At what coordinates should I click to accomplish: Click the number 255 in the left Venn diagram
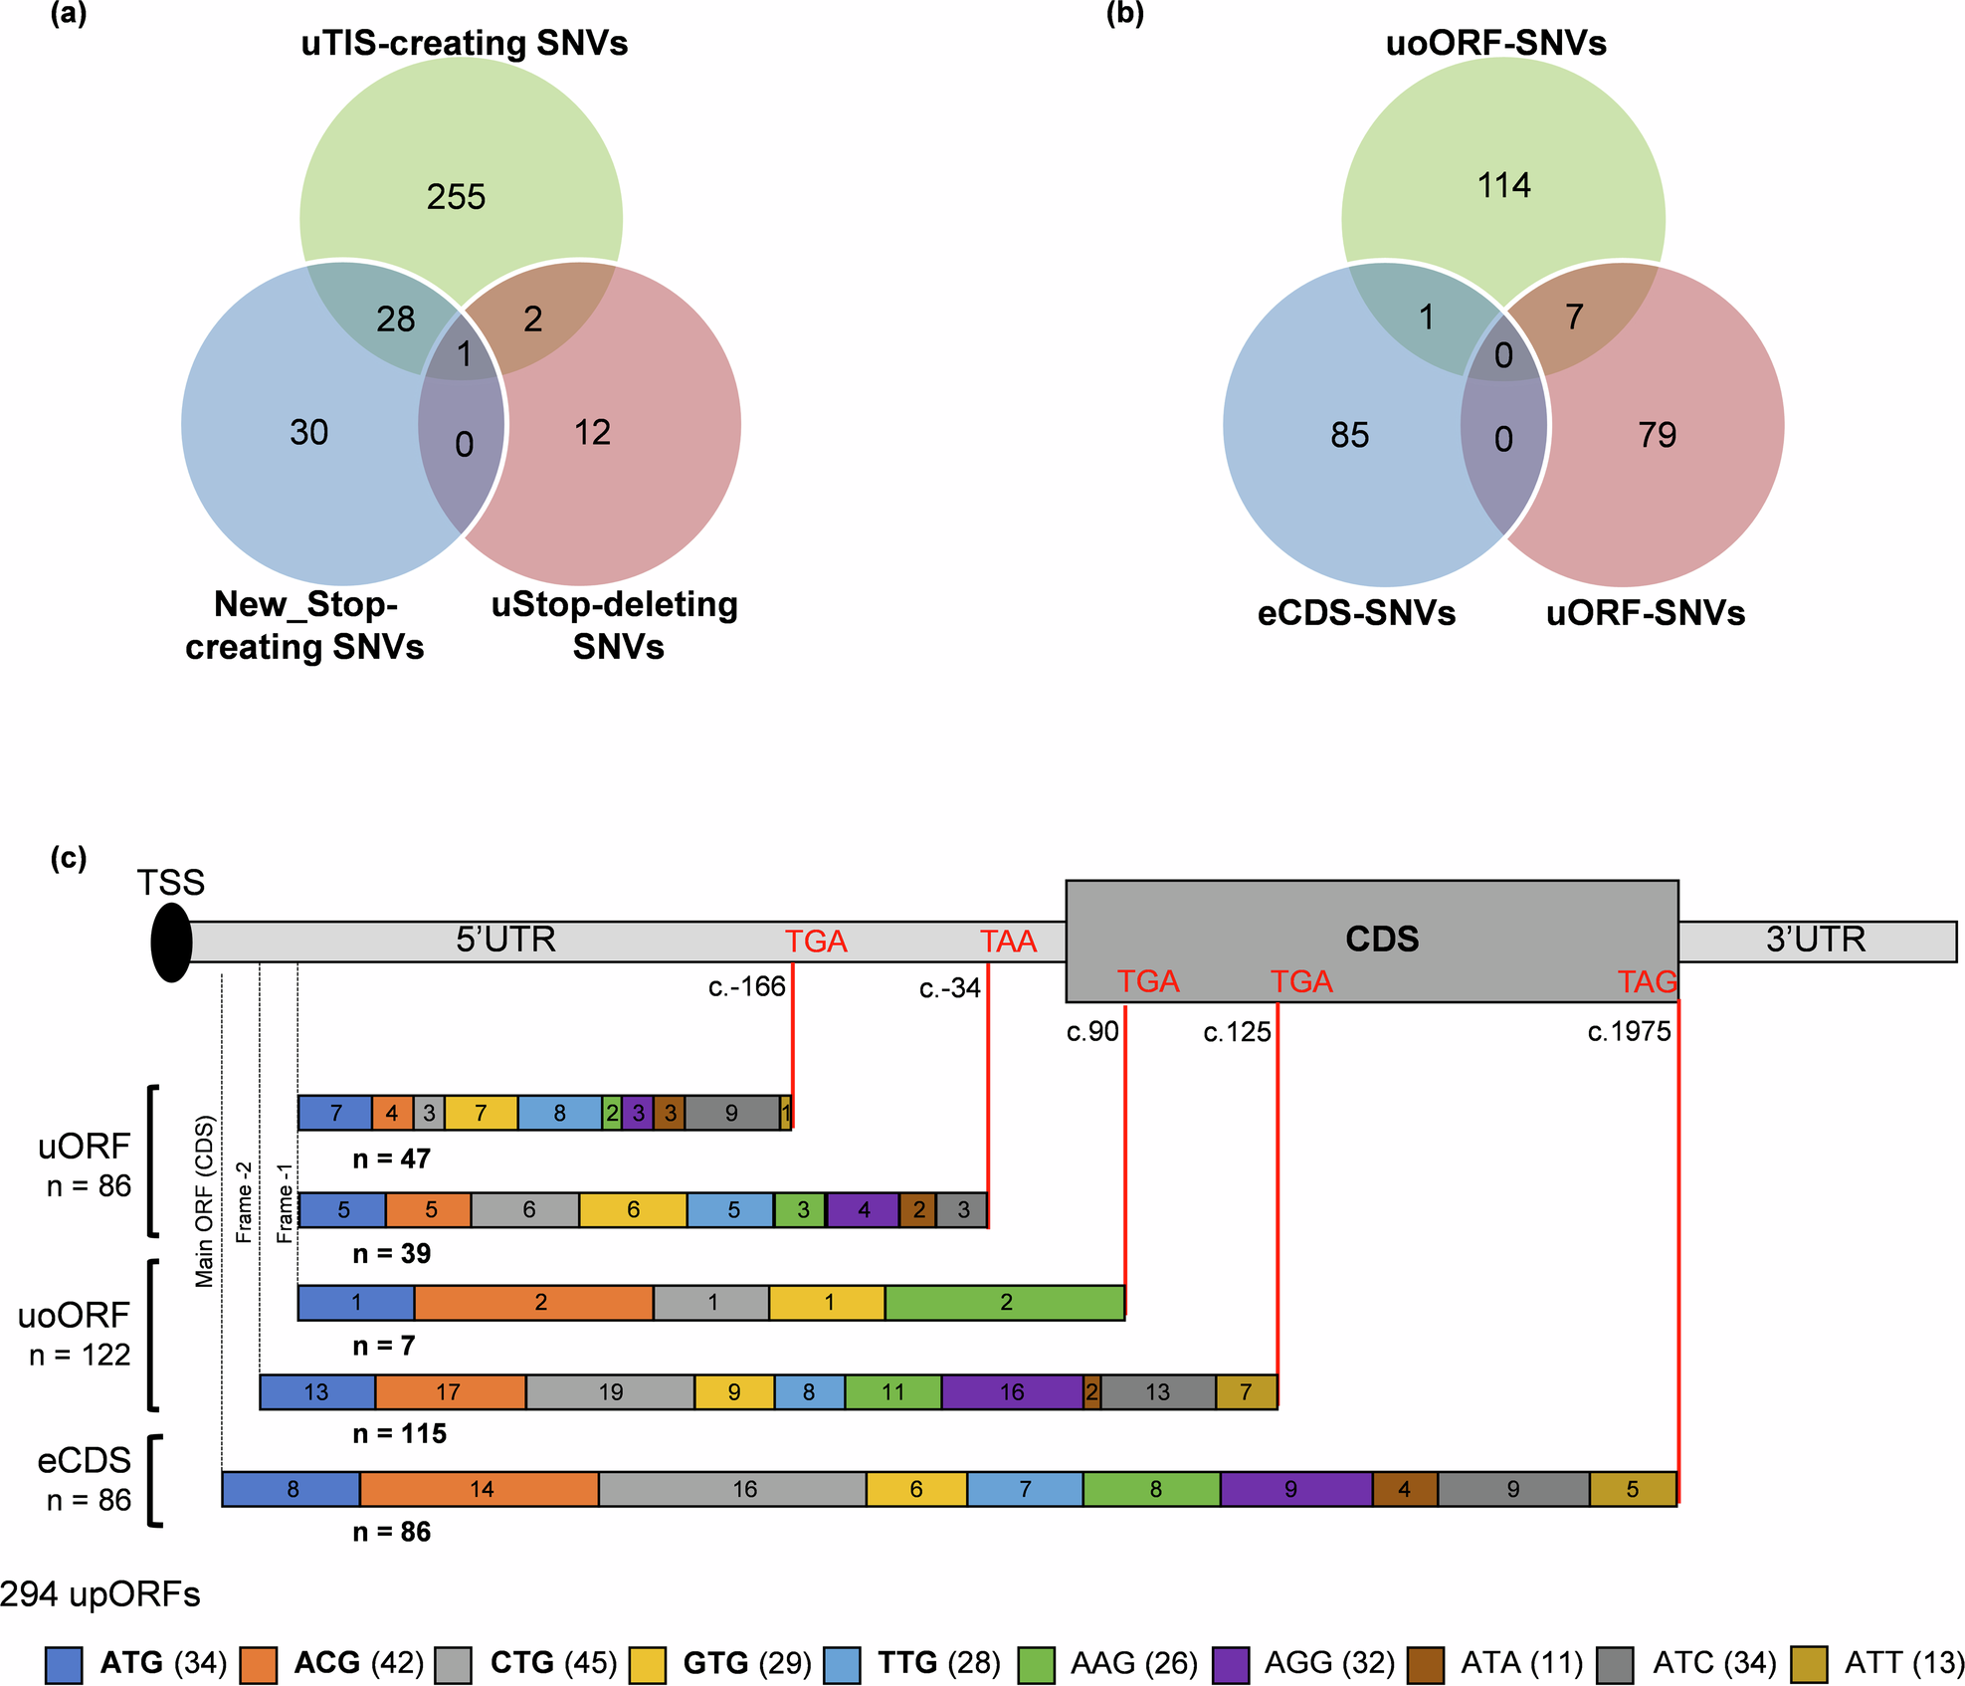[x=456, y=197]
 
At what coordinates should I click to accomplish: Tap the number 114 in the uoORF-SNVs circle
[x=1503, y=185]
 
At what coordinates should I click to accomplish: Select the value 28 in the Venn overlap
[x=395, y=319]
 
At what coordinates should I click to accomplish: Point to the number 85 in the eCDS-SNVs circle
[x=1349, y=435]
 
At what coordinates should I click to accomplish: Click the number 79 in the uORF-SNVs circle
[x=1657, y=435]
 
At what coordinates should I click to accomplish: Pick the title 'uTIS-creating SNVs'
[x=464, y=44]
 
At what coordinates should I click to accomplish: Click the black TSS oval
[x=171, y=943]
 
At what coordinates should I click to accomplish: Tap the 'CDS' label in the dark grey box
[x=1381, y=939]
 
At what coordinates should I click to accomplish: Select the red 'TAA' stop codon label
[x=1008, y=942]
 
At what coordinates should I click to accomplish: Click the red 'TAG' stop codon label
[x=1647, y=982]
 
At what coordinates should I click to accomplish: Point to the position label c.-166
[x=746, y=987]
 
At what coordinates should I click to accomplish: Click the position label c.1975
[x=1629, y=1031]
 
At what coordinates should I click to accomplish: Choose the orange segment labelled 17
[x=449, y=1391]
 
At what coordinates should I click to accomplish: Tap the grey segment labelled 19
[x=610, y=1391]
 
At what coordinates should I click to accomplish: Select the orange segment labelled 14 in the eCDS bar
[x=481, y=1489]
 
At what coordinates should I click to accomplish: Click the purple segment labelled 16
[x=1011, y=1391]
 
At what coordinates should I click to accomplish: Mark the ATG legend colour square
[x=64, y=1664]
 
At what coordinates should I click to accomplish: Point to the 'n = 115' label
[x=399, y=1433]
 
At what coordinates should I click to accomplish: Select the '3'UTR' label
[x=1815, y=940]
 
